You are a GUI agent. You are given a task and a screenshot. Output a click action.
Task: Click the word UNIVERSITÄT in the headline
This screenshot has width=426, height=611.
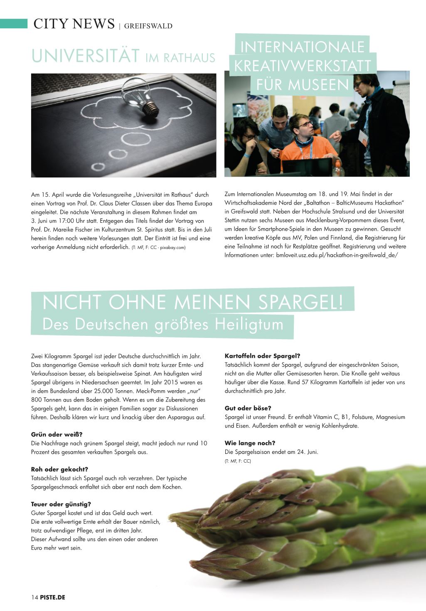pyautogui.click(x=85, y=57)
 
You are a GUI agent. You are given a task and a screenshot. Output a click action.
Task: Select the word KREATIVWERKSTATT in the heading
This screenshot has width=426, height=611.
pyautogui.click(x=303, y=66)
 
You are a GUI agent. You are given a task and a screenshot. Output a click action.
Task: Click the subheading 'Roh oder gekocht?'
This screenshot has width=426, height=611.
pyautogui.click(x=59, y=469)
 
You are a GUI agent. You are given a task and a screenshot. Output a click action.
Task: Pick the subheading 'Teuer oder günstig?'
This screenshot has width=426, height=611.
pyautogui.click(x=61, y=504)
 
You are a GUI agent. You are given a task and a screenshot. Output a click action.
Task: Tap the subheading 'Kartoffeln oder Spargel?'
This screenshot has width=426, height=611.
pyautogui.click(x=262, y=356)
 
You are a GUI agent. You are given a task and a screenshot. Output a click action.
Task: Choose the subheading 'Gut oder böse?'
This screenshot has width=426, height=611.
pyautogui.click(x=248, y=408)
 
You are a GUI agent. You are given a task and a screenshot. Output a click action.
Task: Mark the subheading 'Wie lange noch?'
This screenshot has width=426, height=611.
pyautogui.click(x=250, y=443)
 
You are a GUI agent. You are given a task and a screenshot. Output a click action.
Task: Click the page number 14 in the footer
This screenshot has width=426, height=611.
pyautogui.click(x=34, y=598)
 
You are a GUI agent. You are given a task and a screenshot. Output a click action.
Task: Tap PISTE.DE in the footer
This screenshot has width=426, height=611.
pyautogui.click(x=53, y=598)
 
